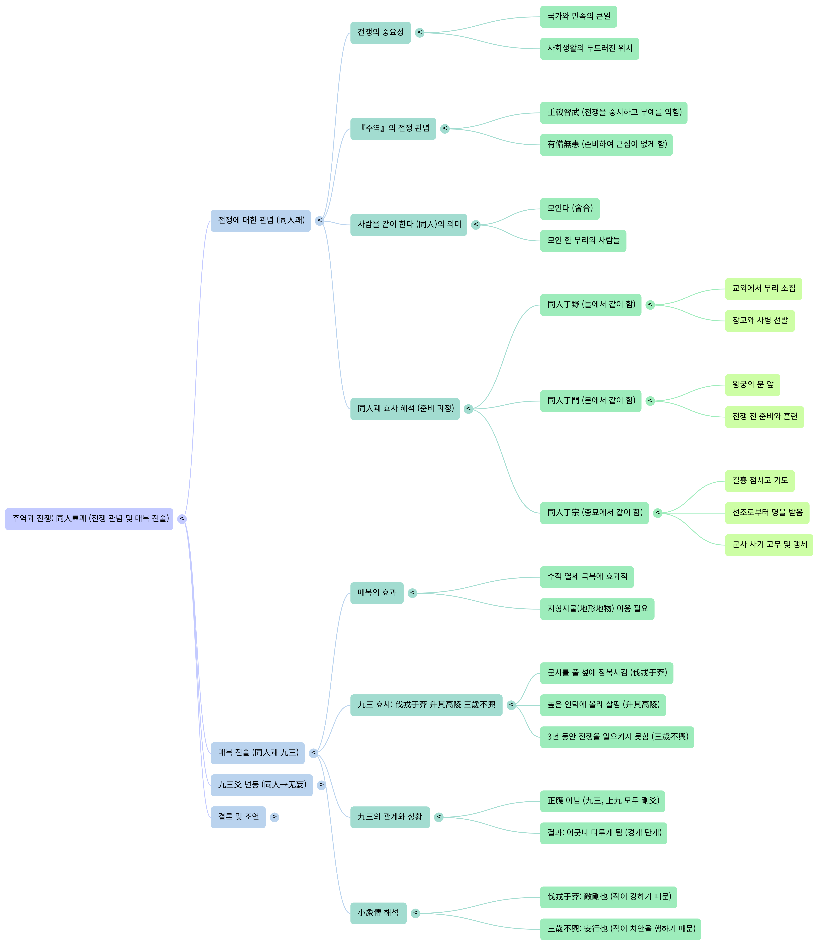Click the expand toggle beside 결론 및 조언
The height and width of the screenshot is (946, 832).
tap(274, 817)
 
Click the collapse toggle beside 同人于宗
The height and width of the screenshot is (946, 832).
tap(658, 513)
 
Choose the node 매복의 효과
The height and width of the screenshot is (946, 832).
tap(377, 593)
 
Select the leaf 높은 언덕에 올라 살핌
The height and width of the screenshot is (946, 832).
tap(603, 705)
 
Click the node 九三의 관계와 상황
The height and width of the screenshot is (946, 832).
tap(390, 817)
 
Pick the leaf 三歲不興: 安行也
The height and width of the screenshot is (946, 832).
tap(620, 929)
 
